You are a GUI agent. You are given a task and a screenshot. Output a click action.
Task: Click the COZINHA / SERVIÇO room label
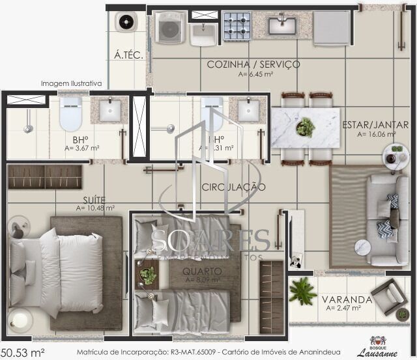[253, 64]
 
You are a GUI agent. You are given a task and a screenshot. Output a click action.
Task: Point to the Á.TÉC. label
[128, 55]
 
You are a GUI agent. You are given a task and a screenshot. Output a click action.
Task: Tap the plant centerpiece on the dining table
[305, 126]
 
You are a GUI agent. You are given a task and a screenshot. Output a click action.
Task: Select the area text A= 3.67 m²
[82, 148]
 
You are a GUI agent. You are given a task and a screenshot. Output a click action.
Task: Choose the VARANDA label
[347, 299]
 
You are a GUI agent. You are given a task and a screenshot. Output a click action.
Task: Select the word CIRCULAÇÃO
[233, 187]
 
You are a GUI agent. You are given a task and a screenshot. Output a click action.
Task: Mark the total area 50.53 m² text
[23, 352]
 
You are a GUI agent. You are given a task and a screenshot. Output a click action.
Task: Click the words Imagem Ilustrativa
[71, 83]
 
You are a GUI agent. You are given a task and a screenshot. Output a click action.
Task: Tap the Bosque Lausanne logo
[378, 347]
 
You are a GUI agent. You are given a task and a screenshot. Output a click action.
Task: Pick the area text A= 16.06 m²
[377, 135]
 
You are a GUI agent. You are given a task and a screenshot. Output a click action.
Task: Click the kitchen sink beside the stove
[283, 25]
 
